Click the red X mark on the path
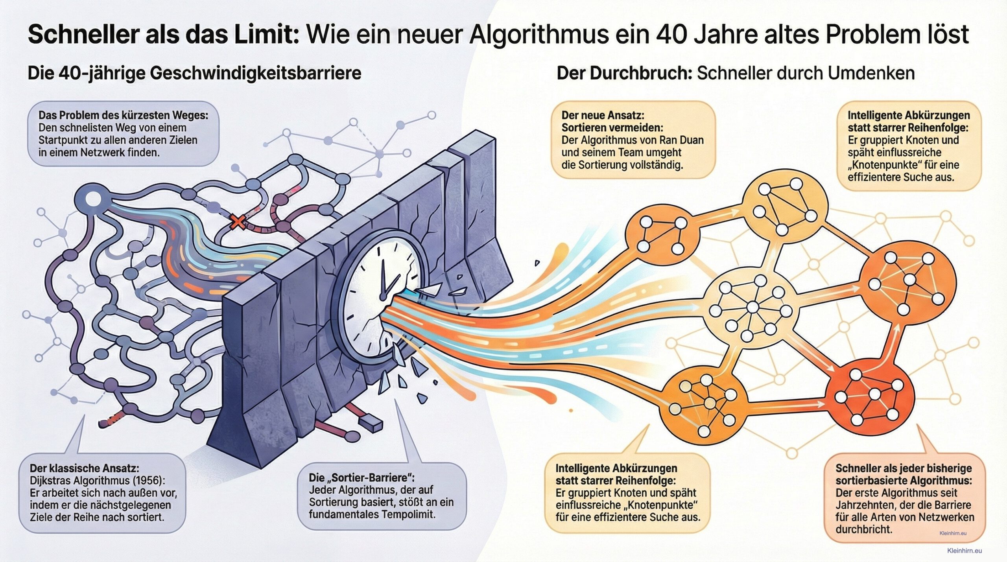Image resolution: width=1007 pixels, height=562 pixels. coord(237,222)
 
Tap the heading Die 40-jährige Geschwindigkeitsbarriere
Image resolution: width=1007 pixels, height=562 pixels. coord(194,74)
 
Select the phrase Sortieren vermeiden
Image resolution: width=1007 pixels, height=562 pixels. coord(612,128)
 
